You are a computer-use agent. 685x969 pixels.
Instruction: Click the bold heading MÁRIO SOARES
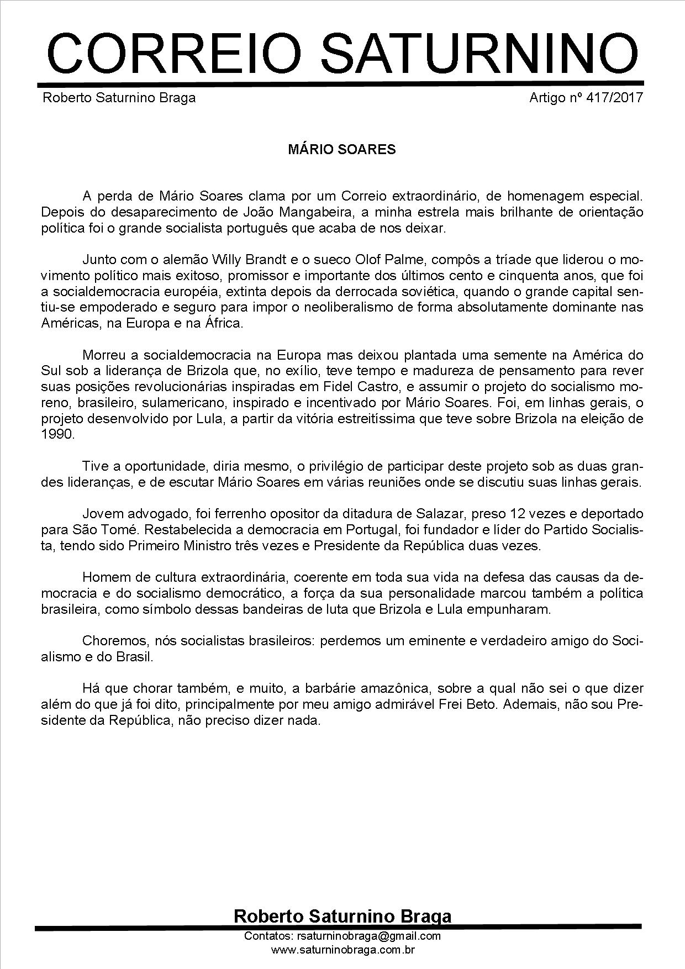342,150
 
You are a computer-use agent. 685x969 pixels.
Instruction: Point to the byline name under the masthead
119,98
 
